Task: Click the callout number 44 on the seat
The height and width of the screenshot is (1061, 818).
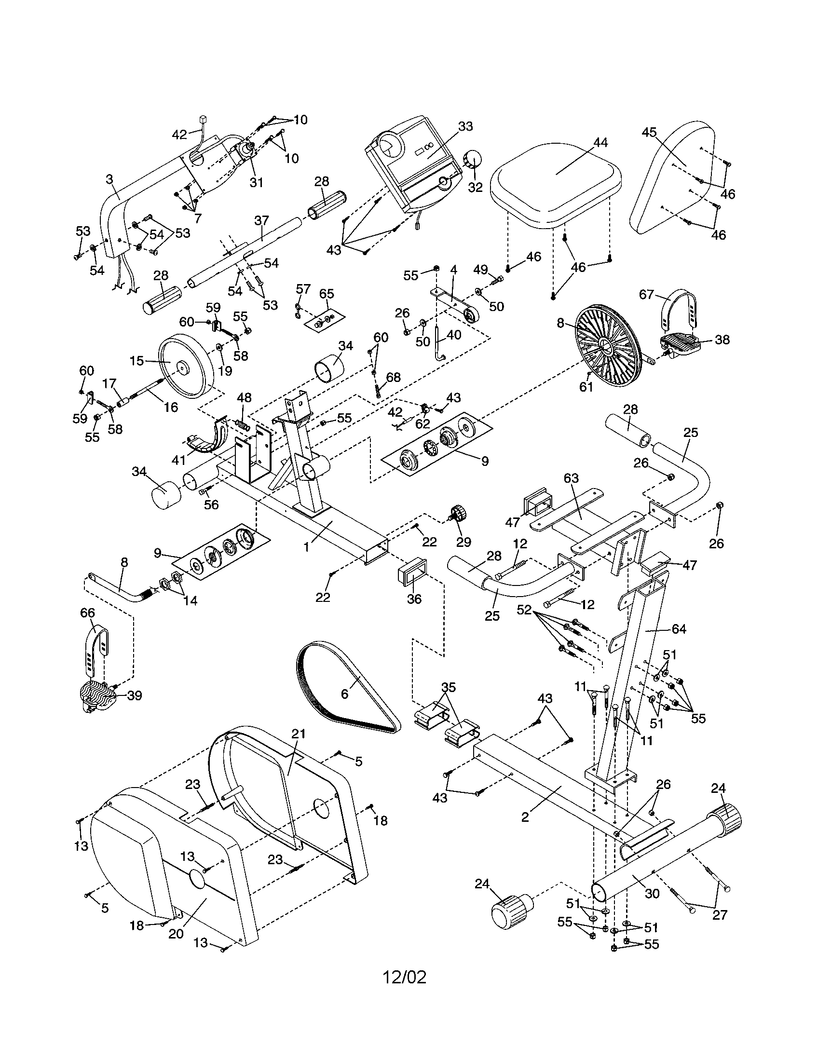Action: click(x=600, y=143)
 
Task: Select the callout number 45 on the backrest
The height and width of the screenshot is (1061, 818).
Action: click(x=649, y=133)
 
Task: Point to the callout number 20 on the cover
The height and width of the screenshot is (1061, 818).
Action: click(x=176, y=934)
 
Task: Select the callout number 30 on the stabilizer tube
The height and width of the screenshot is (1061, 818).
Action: click(x=652, y=893)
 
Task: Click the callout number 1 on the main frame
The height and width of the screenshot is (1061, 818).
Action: click(x=306, y=547)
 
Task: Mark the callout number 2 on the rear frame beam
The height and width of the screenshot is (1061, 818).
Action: click(x=525, y=817)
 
